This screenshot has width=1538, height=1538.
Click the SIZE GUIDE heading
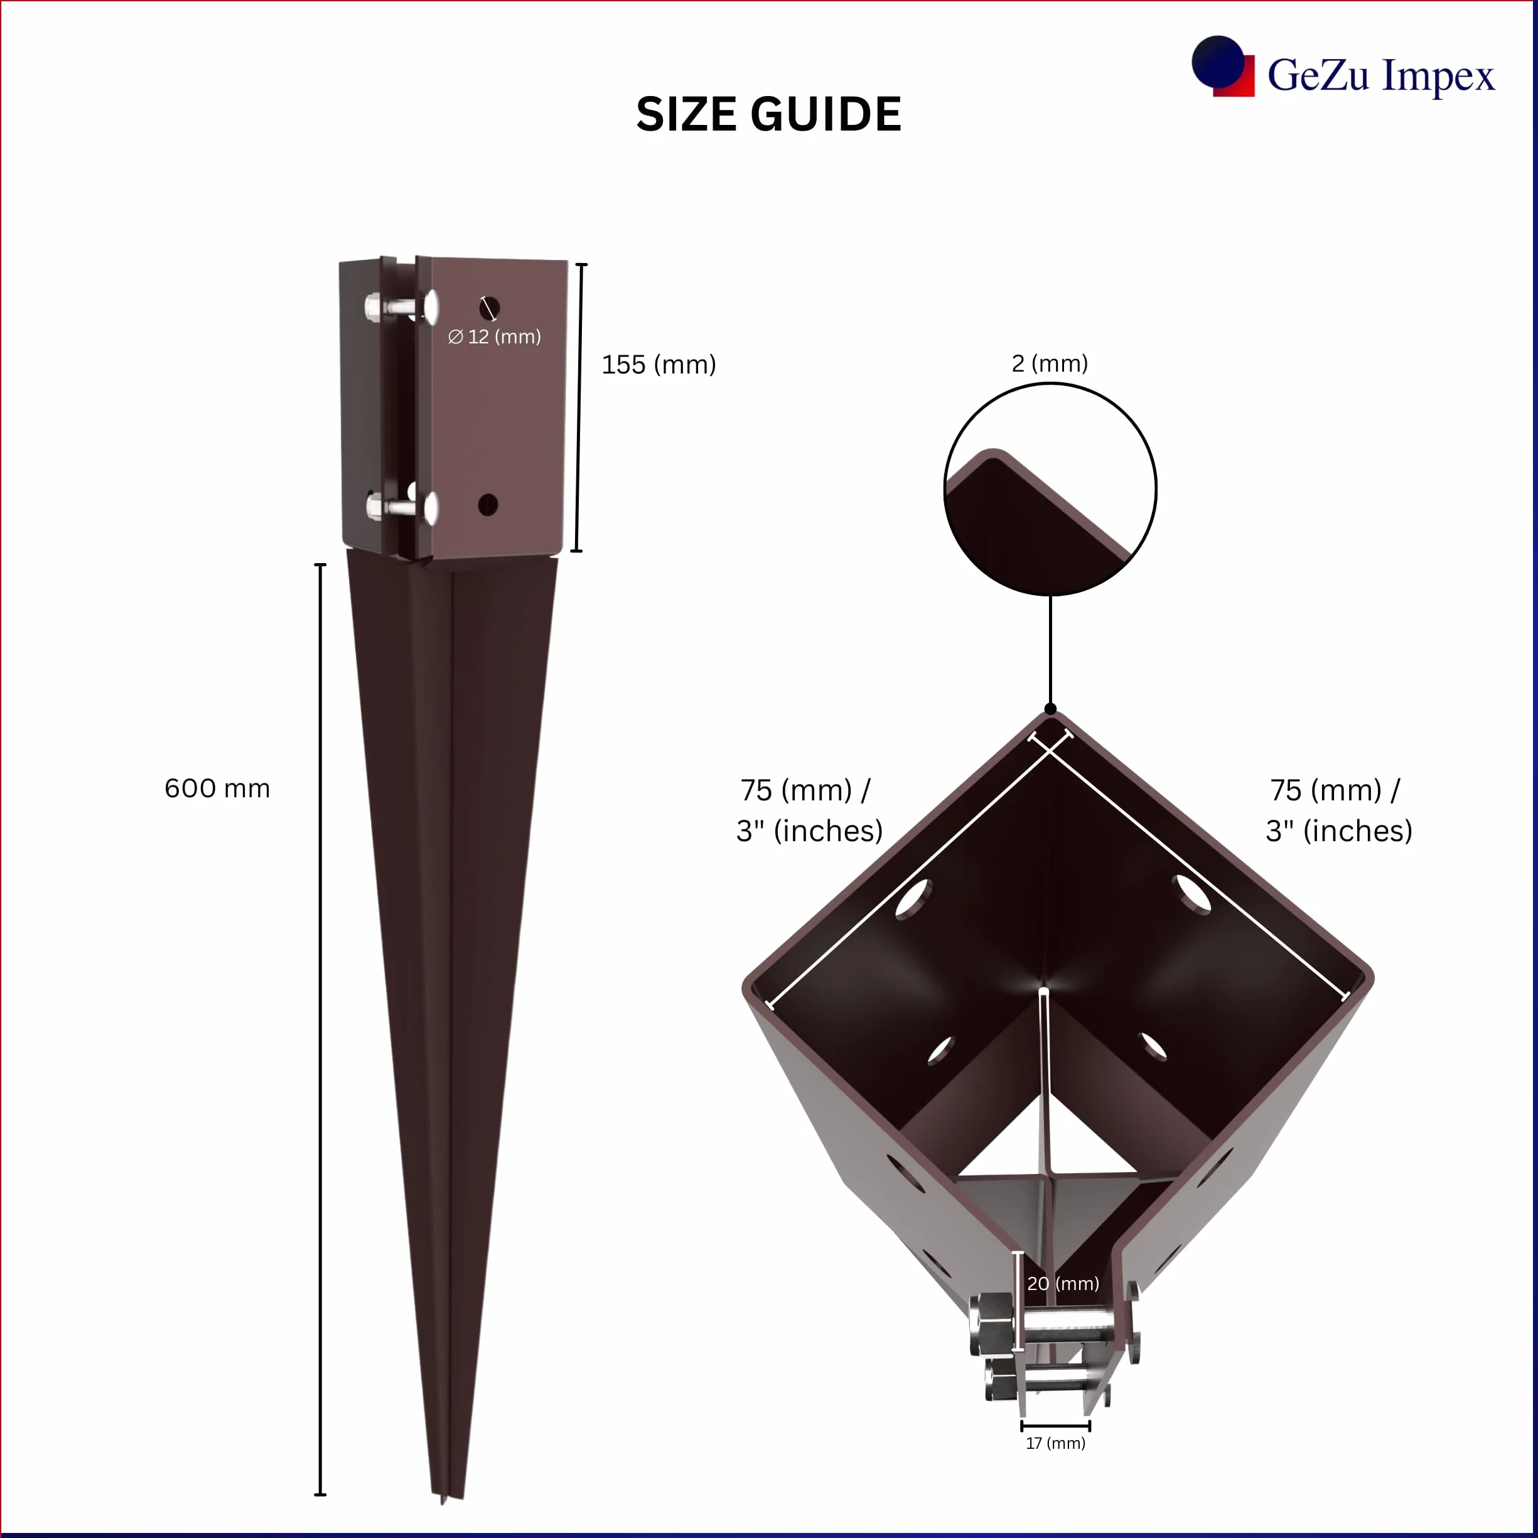point(768,114)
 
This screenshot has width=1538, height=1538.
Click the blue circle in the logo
point(1217,62)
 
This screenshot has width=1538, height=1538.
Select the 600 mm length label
point(217,788)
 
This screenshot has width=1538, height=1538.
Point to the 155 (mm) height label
point(659,365)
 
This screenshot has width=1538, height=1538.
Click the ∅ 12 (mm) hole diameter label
point(495,336)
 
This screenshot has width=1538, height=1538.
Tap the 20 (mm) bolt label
point(1063,1283)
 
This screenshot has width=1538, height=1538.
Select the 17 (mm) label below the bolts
point(1056,1443)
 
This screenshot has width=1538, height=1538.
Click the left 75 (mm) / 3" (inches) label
point(809,810)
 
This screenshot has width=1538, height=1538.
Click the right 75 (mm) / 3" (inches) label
point(1339,810)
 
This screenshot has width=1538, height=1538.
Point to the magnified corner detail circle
point(1050,489)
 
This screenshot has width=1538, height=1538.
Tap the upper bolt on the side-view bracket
point(401,307)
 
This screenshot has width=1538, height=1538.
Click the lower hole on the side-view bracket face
point(488,504)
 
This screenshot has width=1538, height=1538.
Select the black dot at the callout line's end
point(1050,709)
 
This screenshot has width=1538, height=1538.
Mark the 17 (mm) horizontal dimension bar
point(1056,1426)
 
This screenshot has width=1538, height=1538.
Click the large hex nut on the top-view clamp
point(992,1324)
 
